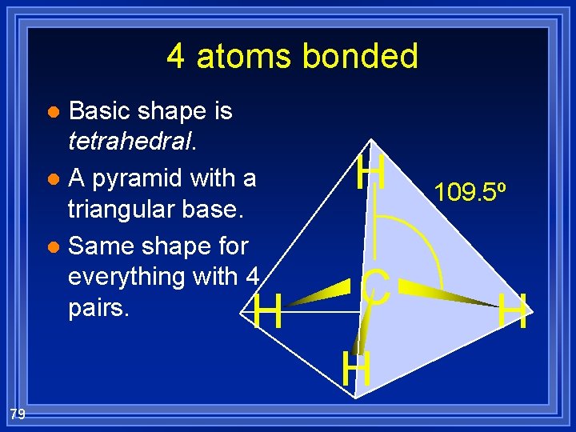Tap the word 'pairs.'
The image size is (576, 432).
point(98,308)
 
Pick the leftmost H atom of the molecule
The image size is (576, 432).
point(266,311)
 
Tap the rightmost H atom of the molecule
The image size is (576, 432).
point(512,311)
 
